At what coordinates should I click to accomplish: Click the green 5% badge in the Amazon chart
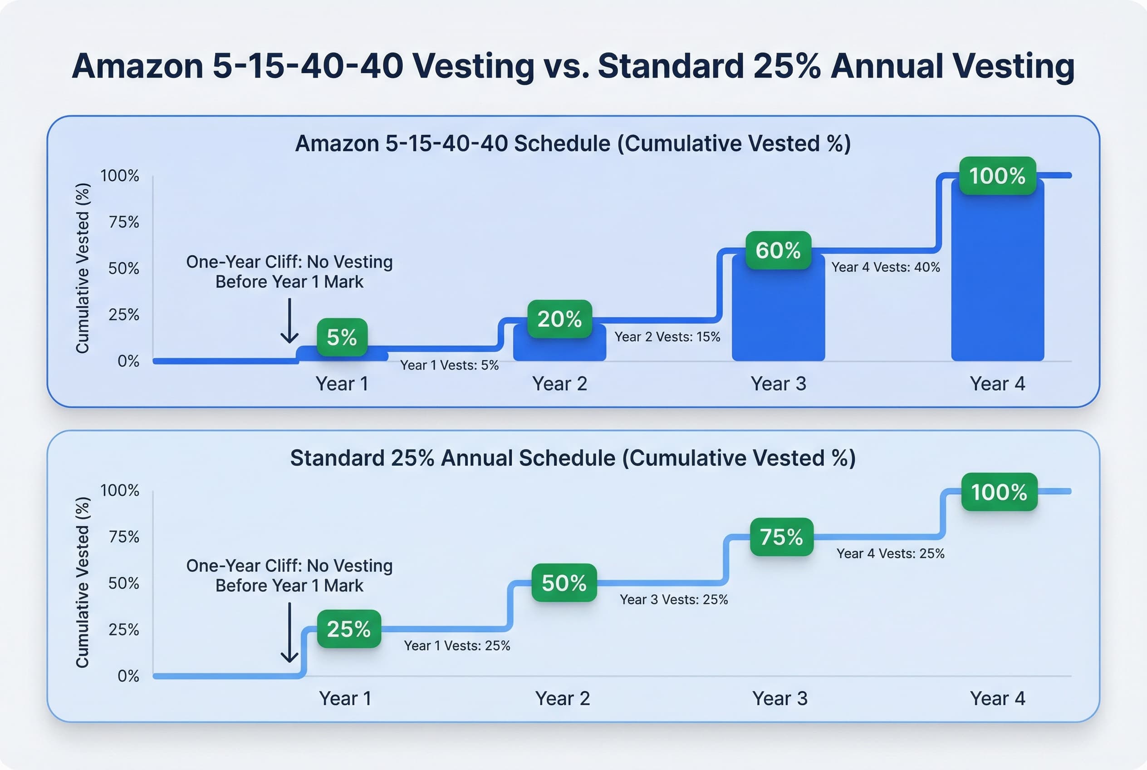[342, 337]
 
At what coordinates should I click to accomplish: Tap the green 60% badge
[778, 251]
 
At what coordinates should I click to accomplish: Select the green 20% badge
[559, 319]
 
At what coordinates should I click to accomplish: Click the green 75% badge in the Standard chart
[781, 537]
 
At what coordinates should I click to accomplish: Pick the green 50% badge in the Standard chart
[564, 583]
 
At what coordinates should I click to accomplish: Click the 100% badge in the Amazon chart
[997, 176]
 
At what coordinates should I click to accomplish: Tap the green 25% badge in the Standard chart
[348, 629]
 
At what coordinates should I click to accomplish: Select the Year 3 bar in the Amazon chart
[778, 314]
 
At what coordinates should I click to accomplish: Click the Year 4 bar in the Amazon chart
[997, 275]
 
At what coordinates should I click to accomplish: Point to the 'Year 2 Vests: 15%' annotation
[667, 337]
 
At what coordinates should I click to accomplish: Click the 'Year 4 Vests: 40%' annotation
[885, 267]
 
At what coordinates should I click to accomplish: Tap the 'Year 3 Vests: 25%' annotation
[673, 600]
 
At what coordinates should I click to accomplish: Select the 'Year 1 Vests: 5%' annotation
[449, 365]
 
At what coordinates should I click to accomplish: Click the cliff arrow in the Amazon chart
[289, 321]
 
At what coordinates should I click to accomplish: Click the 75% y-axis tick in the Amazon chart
[124, 222]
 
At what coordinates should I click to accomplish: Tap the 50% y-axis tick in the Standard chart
[124, 583]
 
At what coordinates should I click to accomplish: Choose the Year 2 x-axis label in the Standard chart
[563, 698]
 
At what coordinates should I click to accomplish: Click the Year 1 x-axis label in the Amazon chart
[342, 384]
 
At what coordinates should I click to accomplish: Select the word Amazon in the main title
[137, 66]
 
